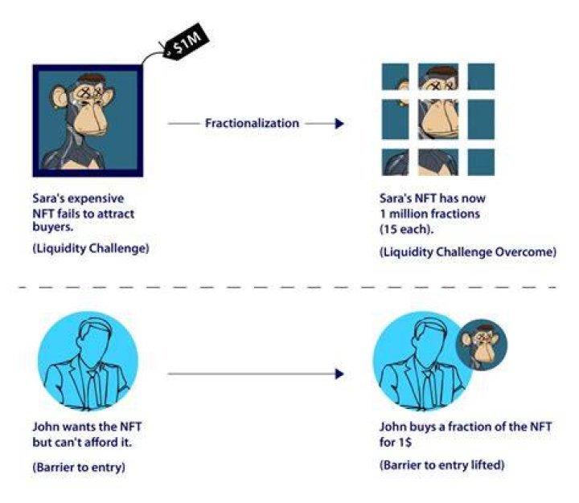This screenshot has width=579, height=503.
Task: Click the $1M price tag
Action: pos(187,42)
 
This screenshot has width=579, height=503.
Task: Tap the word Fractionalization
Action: pos(252,123)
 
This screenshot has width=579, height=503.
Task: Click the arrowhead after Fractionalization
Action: pos(339,123)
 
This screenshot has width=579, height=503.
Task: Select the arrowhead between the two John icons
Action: pos(339,374)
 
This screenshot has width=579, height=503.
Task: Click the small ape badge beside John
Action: pos(482,345)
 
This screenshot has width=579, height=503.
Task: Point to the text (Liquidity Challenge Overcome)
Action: pos(468,252)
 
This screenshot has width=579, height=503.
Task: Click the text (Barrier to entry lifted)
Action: pos(441,464)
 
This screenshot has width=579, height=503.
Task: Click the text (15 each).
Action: pos(407,230)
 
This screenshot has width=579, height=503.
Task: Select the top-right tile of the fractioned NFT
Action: pos(481,76)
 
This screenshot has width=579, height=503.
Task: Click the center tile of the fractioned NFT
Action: pos(438,119)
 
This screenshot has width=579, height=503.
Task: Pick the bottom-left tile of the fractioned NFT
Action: pos(395,162)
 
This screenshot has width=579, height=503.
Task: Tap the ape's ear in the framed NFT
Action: pos(58,96)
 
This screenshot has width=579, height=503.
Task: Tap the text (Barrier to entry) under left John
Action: pos(79,467)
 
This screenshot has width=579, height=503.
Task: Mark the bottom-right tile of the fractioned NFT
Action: pos(481,162)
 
